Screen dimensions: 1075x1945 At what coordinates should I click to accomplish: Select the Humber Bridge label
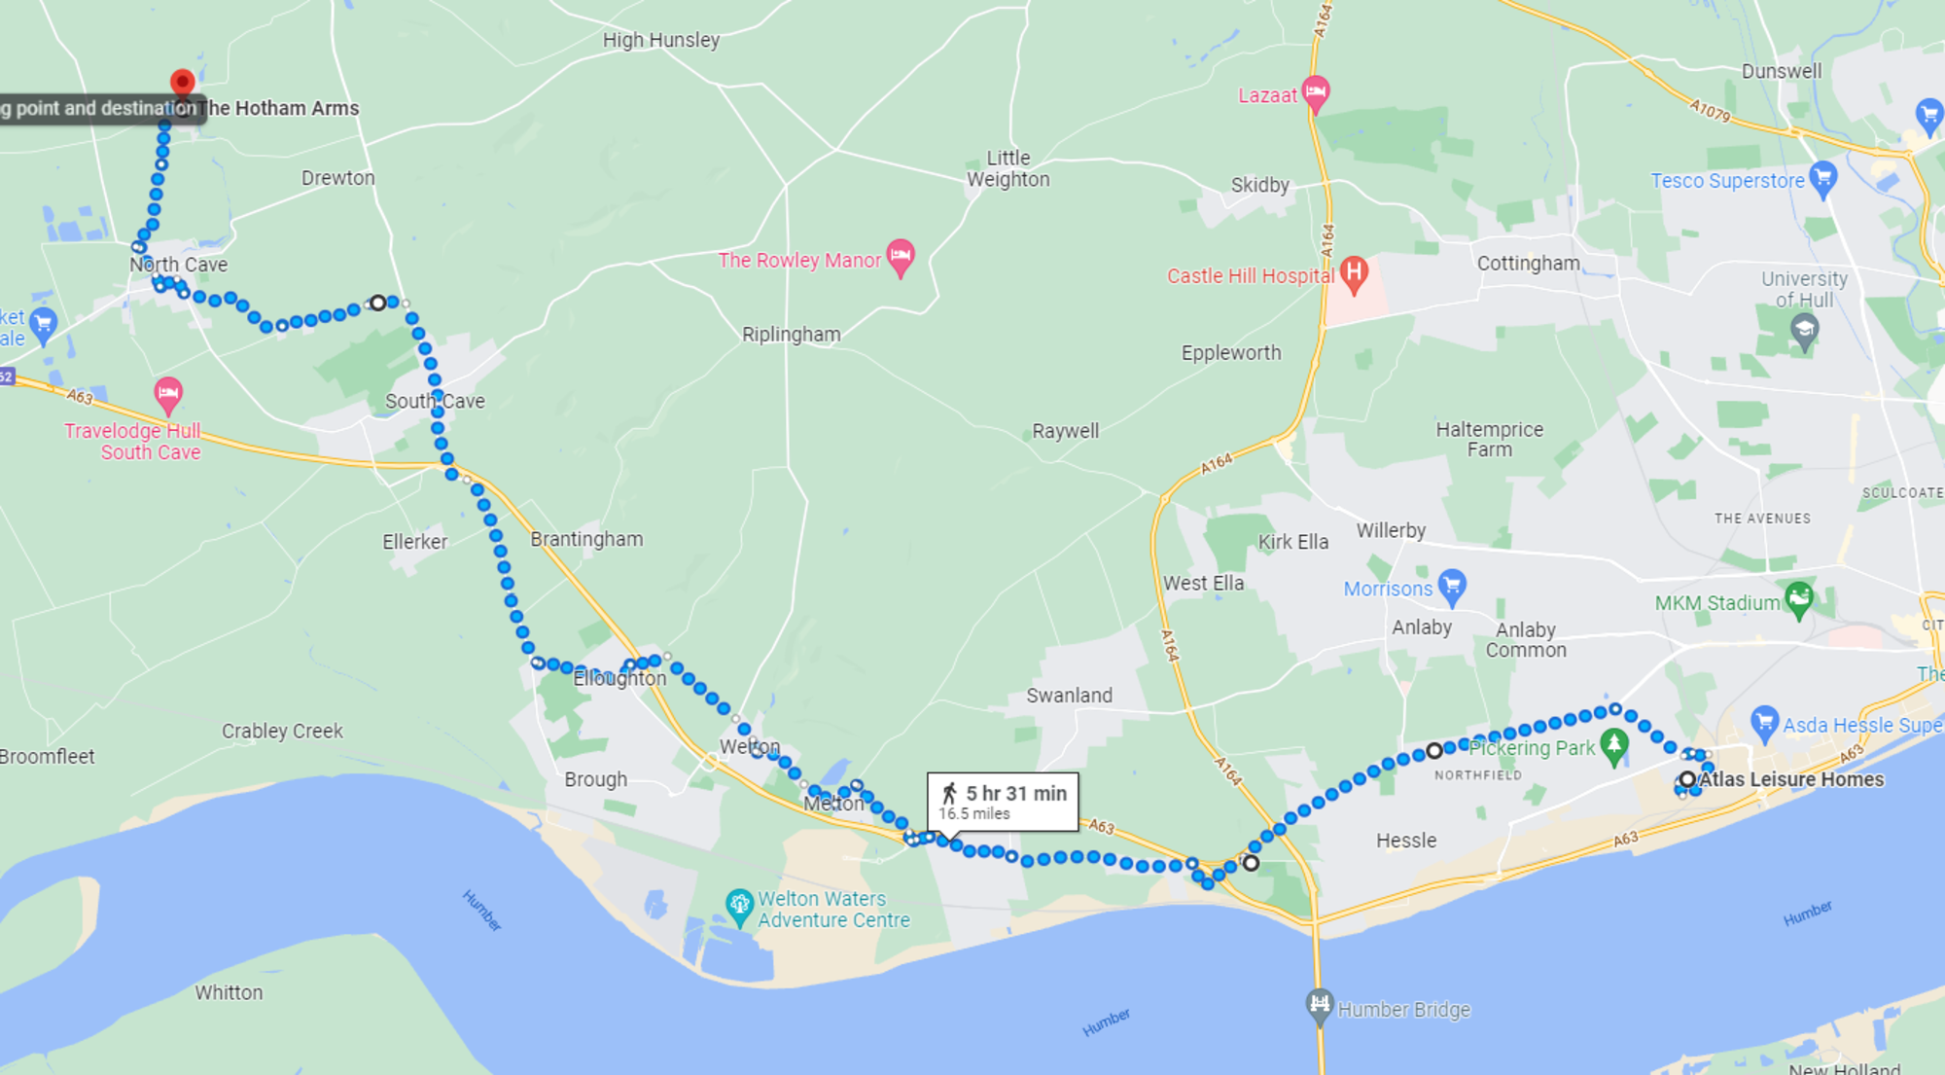point(1403,1010)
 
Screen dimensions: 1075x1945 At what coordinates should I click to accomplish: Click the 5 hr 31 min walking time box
point(1003,802)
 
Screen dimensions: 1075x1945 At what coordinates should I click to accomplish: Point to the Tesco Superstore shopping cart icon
point(1822,178)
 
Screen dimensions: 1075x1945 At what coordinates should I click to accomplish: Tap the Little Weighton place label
point(1008,168)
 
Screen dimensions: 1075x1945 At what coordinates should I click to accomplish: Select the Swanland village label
point(1069,696)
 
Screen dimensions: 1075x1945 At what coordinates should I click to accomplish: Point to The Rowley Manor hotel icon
point(901,256)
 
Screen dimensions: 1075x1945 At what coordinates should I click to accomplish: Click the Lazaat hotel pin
point(1315,92)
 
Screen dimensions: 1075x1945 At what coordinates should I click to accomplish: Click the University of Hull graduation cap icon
point(1804,331)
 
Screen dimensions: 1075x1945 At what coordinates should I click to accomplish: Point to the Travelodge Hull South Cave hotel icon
point(168,394)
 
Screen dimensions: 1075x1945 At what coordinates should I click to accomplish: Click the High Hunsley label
point(661,40)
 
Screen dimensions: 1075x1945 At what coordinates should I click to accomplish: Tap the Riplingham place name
point(791,335)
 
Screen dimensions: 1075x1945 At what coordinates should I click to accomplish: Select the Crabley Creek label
point(282,731)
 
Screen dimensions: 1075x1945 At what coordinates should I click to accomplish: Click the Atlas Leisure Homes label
point(1790,779)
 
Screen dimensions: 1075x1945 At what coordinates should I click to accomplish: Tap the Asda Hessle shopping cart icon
point(1763,722)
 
